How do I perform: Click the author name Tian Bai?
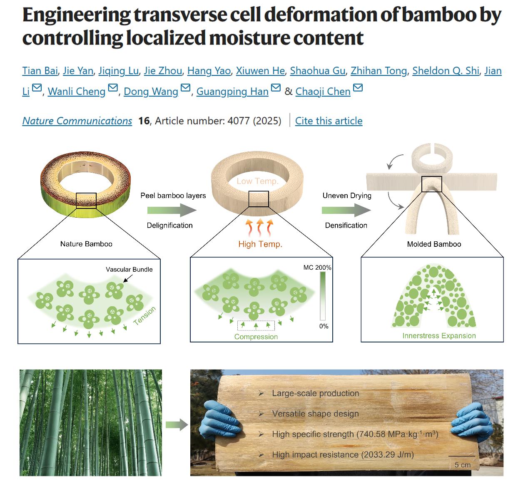coord(40,71)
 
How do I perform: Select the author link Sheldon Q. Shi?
coord(446,71)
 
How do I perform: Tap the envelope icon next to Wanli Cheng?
coord(113,88)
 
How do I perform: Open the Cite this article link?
coord(329,121)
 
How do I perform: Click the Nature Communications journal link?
coord(77,121)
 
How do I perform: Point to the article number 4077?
coord(238,121)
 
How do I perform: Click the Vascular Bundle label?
coord(129,269)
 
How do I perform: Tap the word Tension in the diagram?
coord(144,315)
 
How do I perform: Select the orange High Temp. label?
coord(260,244)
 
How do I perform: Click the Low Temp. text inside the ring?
coord(258,181)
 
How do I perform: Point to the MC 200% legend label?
coord(317,268)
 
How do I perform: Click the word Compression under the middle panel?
coord(256,337)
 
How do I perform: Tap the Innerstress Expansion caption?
coord(439,336)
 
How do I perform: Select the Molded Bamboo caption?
coord(434,244)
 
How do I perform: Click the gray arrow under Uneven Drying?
coord(346,211)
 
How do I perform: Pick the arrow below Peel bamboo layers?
coord(172,211)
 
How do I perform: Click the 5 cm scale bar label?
coord(462,465)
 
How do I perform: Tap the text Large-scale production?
coord(315,393)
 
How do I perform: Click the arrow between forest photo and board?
coord(177,425)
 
